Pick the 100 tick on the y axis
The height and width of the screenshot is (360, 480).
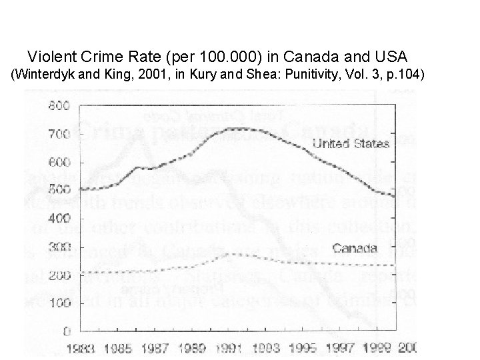pyautogui.click(x=59, y=303)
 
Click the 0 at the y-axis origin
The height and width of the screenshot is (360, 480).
pyautogui.click(x=66, y=331)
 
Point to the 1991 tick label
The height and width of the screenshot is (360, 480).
pyautogui.click(x=232, y=348)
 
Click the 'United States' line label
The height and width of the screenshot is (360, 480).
pyautogui.click(x=351, y=143)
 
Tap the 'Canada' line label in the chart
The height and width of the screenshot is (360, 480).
pyautogui.click(x=355, y=249)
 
